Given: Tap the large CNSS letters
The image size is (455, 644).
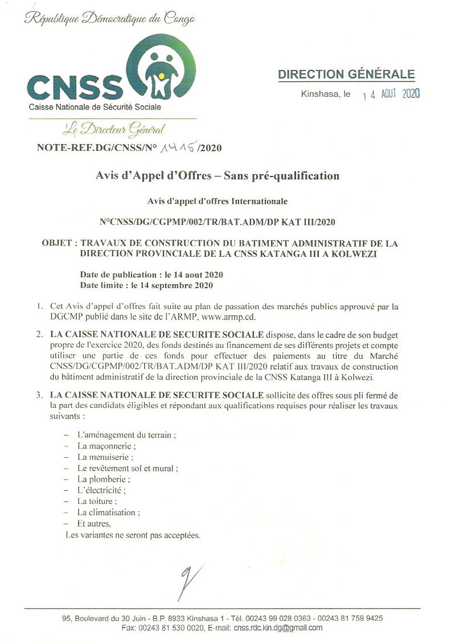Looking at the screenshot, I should [75, 87].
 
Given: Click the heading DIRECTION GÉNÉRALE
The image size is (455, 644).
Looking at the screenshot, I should [346, 75].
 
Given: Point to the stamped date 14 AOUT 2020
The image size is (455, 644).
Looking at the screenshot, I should [391, 95].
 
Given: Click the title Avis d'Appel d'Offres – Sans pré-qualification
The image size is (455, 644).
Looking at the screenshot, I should [217, 176].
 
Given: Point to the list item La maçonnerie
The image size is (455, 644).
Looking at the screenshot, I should [106, 446].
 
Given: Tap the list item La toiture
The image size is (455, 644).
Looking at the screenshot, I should [97, 501].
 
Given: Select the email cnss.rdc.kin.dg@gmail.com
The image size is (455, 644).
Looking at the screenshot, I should [278, 628].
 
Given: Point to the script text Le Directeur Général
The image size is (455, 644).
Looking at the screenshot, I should [114, 129].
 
